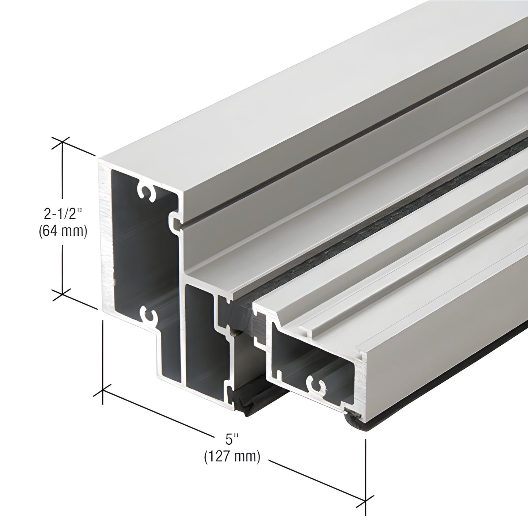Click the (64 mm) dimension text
click(x=62, y=231)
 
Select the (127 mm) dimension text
click(x=232, y=456)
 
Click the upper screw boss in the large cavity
click(x=146, y=193)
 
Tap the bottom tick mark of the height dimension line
click(x=62, y=292)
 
